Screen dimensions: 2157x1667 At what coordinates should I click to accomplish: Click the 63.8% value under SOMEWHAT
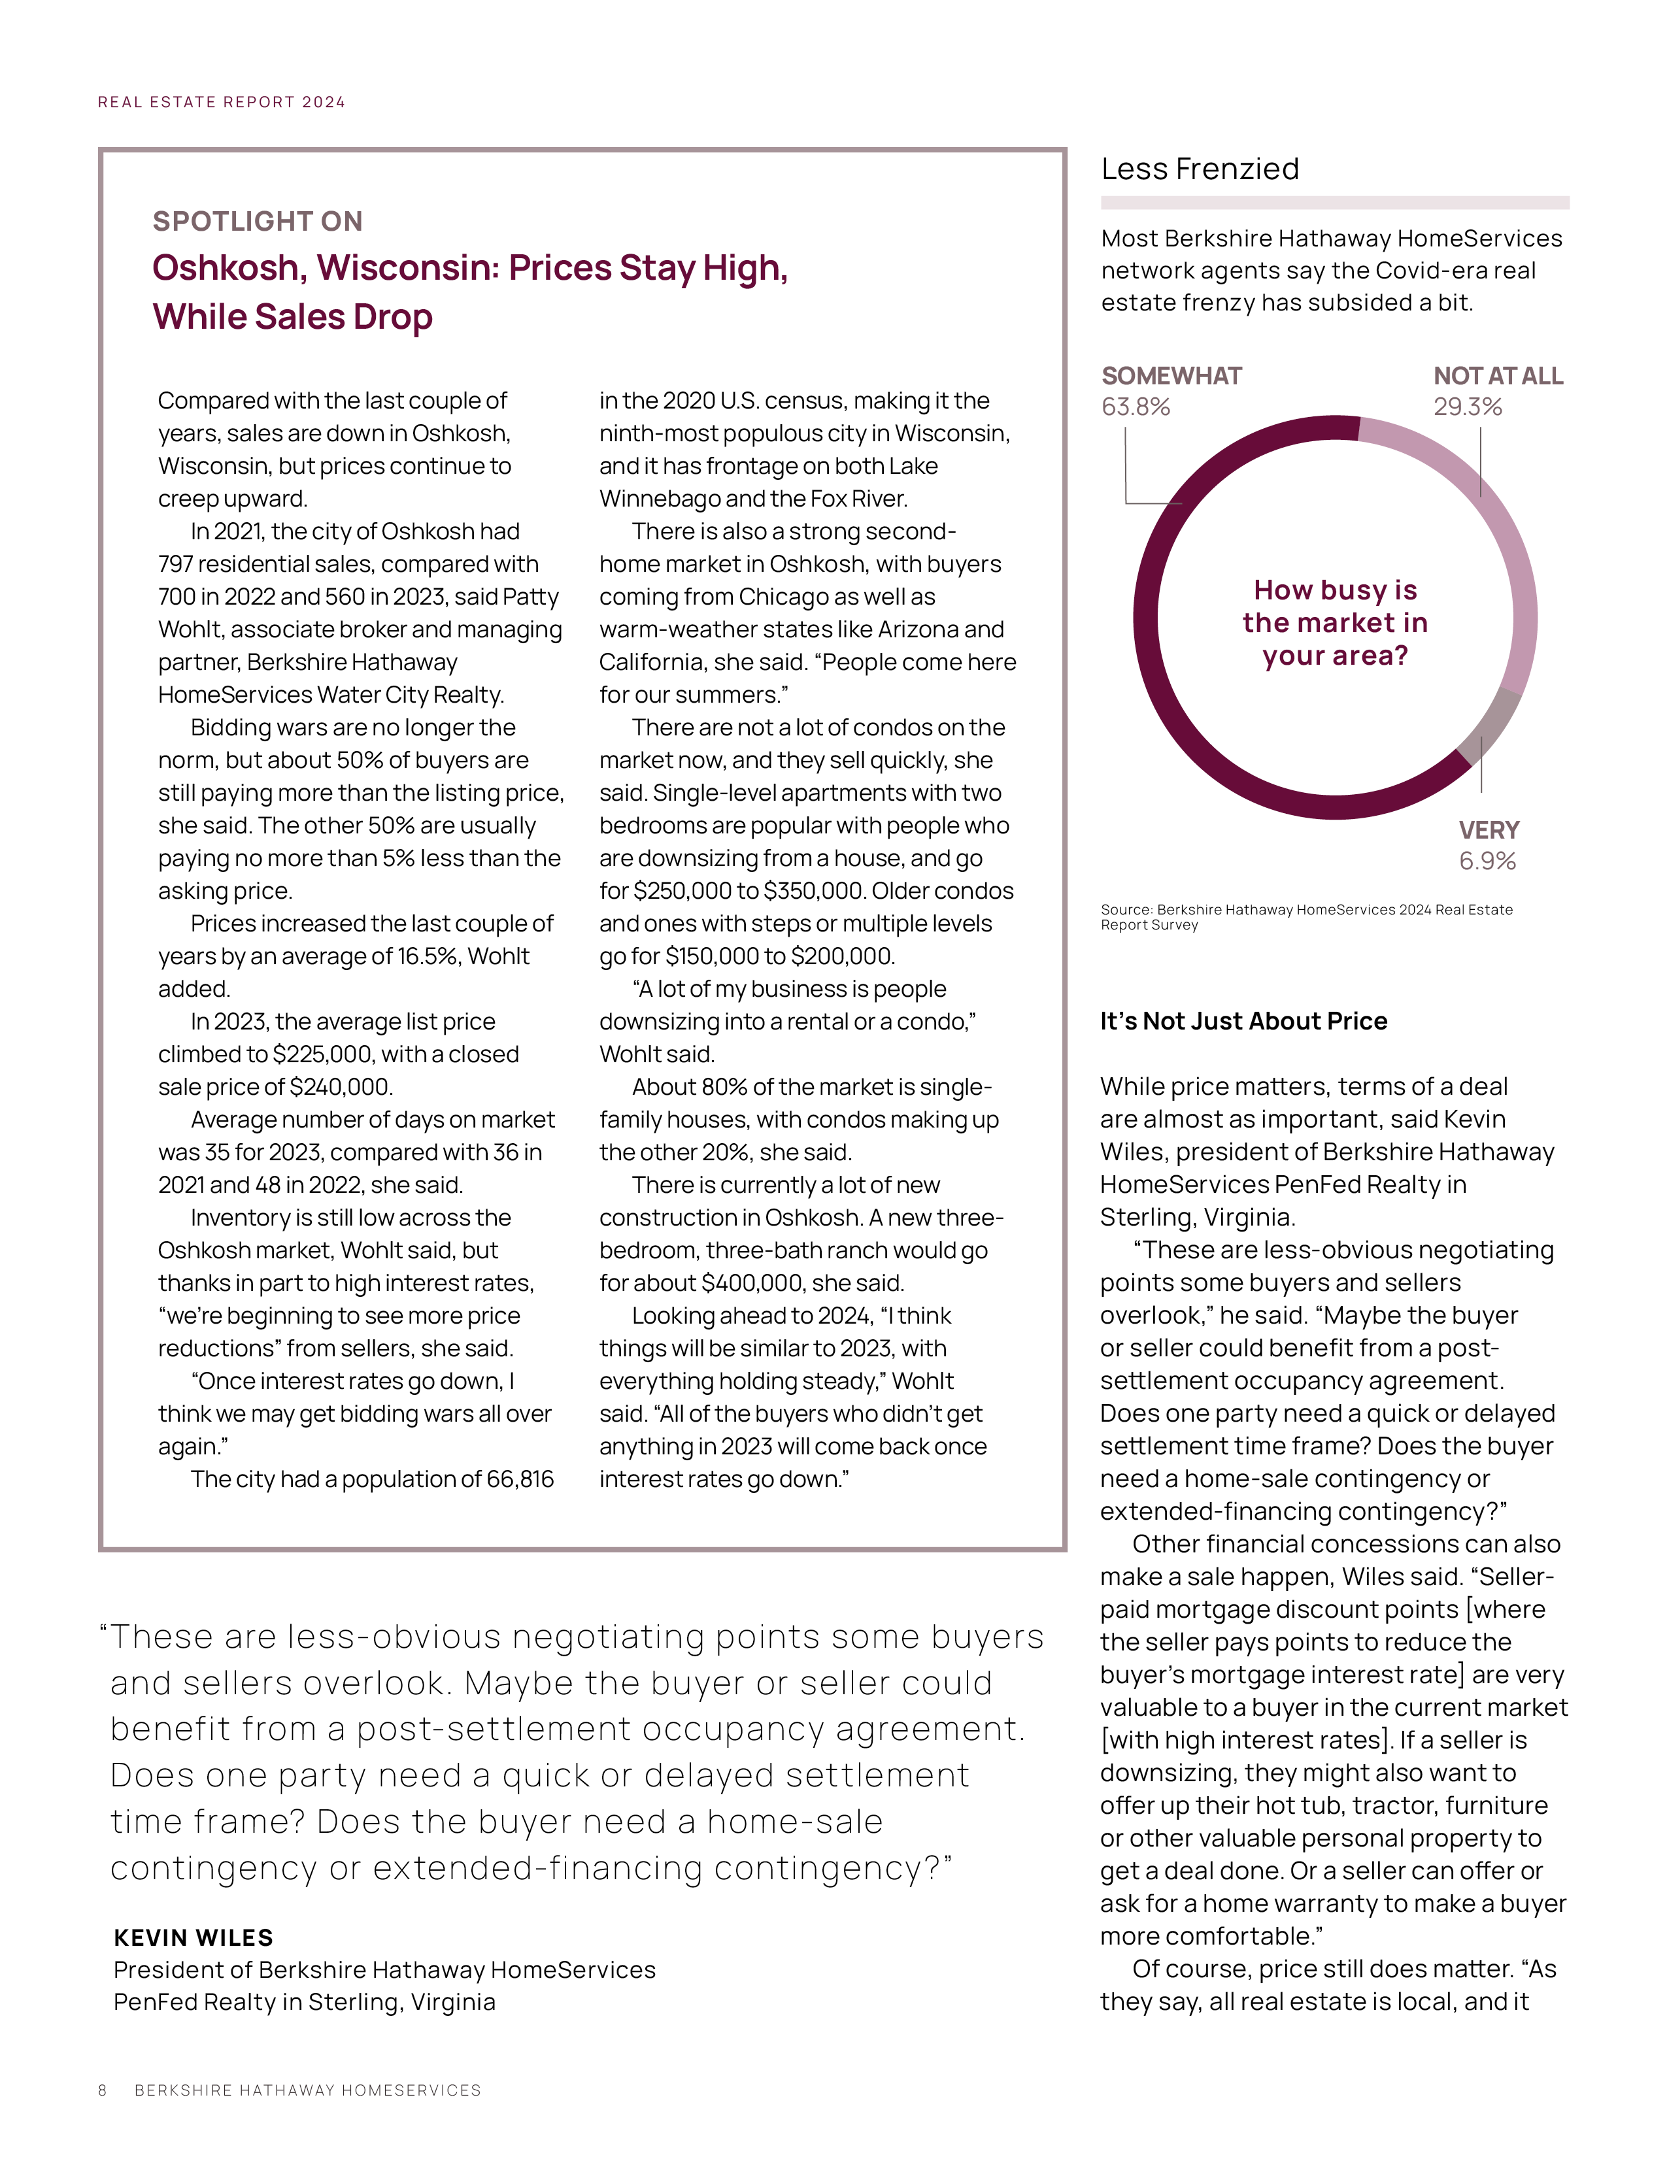(x=1136, y=407)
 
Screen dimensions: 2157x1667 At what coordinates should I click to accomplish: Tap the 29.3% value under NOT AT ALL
(x=1468, y=407)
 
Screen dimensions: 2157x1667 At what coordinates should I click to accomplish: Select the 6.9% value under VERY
(x=1487, y=861)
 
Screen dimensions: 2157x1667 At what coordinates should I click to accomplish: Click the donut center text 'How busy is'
(x=1335, y=591)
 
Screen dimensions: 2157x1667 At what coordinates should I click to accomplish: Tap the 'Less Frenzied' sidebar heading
(x=1200, y=170)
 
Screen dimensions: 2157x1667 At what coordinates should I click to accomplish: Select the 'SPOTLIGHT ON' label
(x=258, y=221)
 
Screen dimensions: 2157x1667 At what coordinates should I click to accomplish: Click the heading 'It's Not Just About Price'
(x=1243, y=1021)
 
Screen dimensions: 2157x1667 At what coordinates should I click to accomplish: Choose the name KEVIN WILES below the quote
(x=194, y=1938)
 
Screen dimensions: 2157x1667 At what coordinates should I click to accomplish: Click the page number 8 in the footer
(x=103, y=2090)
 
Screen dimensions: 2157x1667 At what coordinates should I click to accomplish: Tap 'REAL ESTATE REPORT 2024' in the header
(x=221, y=103)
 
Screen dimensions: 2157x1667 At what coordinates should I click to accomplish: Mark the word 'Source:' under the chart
(x=1127, y=910)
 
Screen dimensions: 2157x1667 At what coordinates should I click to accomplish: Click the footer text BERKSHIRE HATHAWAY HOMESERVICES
(x=307, y=2090)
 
